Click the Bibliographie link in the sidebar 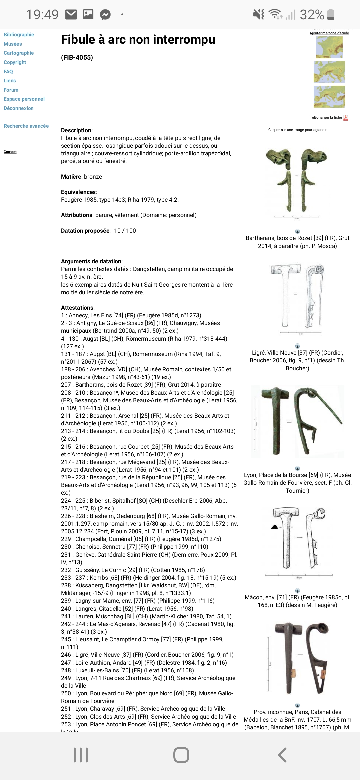19,35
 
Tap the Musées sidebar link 13,44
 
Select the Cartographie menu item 19,53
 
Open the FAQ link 8,72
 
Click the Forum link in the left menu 11,90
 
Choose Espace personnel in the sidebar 24,99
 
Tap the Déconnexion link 19,108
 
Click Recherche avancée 26,126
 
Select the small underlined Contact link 10,152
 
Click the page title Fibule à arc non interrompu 138,40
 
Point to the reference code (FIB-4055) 77,58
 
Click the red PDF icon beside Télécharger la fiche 346,118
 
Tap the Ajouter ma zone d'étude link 329,33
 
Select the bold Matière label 71,177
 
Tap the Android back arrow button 282,755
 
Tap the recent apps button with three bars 81,755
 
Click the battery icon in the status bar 331,15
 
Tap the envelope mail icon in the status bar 71,14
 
